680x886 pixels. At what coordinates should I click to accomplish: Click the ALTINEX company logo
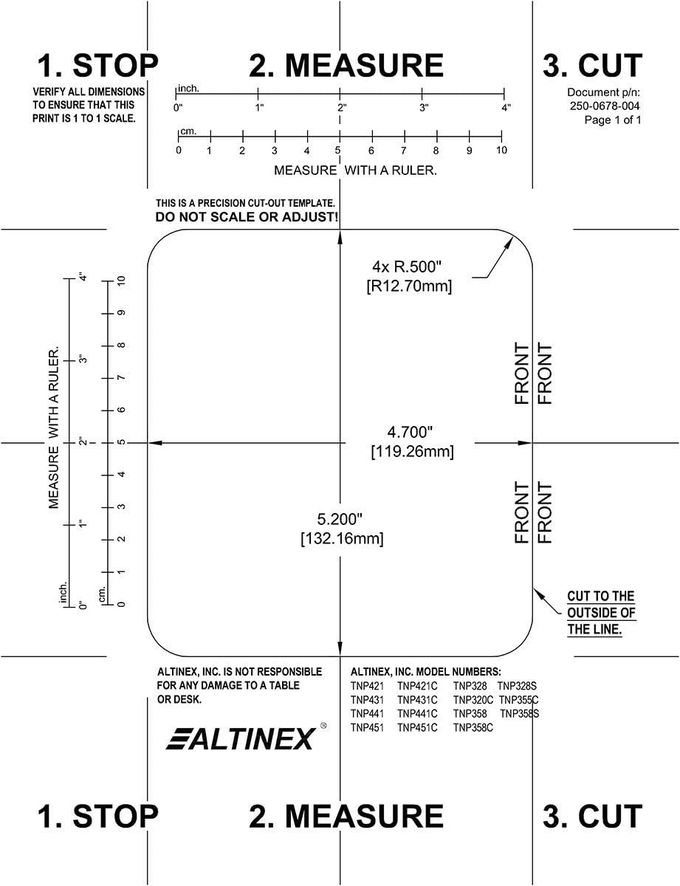tap(241, 738)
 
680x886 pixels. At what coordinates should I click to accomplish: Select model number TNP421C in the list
tap(417, 686)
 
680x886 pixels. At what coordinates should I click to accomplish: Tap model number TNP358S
tap(520, 714)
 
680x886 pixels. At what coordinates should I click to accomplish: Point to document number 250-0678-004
tap(604, 106)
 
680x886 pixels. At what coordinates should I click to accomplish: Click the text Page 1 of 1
tap(613, 120)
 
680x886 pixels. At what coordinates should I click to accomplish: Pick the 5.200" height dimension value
tap(341, 518)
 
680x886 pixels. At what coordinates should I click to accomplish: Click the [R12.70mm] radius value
tap(408, 286)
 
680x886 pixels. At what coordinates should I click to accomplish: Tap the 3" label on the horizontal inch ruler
tap(424, 108)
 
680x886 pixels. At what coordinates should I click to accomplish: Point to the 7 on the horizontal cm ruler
tap(404, 151)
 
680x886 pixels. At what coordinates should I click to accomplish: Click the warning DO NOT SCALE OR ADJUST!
tap(247, 218)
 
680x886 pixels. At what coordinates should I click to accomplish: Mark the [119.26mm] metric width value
tap(412, 450)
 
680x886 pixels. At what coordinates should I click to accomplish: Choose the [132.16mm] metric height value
tap(342, 539)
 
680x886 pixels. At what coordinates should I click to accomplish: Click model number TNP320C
tap(473, 700)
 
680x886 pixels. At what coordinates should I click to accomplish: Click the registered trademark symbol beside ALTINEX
tap(323, 727)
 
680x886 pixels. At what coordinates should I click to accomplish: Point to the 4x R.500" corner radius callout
tap(408, 266)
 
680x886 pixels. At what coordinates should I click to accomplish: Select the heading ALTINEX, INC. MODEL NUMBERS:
tap(425, 672)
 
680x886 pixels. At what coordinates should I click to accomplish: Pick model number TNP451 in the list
tap(367, 728)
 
